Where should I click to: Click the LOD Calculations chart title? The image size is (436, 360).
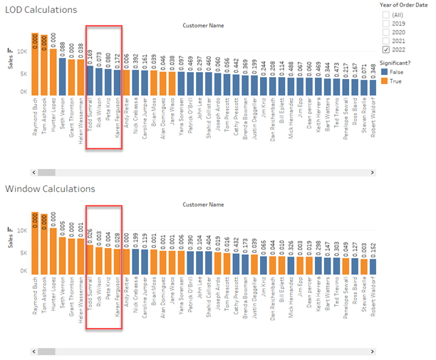tap(41, 10)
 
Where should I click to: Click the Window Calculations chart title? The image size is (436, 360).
tap(50, 189)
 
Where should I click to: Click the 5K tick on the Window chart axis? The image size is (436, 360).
tap(23, 253)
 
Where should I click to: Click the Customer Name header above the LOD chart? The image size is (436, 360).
tap(204, 26)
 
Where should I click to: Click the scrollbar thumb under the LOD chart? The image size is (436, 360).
tap(47, 173)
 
